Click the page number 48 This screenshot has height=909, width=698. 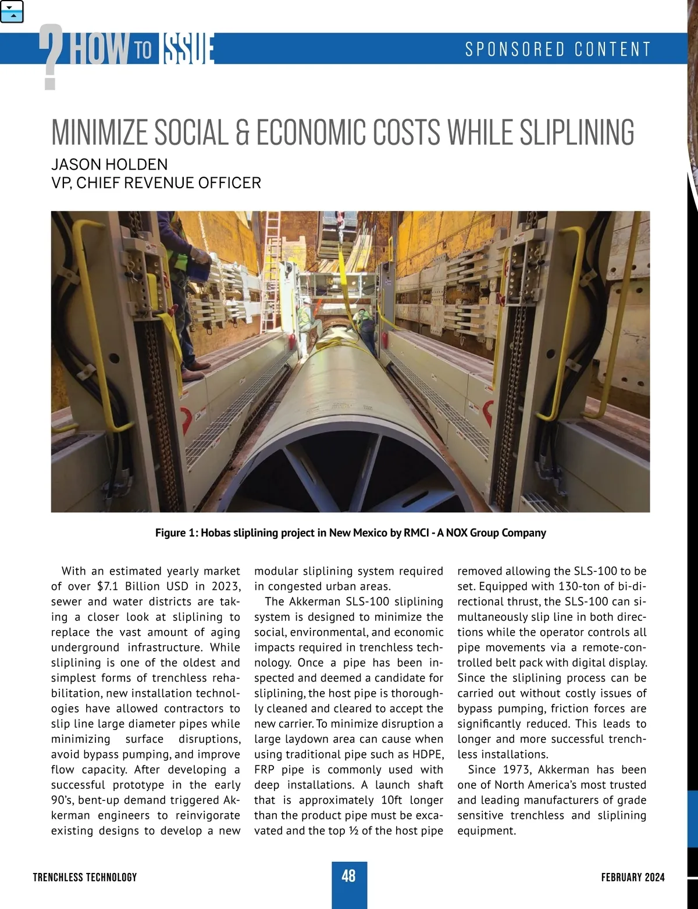tap(348, 876)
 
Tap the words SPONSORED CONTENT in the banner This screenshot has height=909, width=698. tap(558, 49)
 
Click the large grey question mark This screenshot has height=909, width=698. tap(51, 57)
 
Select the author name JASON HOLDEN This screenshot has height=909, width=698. tap(109, 164)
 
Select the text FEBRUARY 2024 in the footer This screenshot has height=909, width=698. tap(633, 877)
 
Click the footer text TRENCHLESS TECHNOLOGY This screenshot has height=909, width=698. tap(85, 877)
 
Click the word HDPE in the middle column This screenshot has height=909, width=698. tap(430, 754)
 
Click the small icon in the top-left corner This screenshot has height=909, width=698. tap(12, 12)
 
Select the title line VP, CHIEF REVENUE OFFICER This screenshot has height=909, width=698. tap(156, 183)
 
